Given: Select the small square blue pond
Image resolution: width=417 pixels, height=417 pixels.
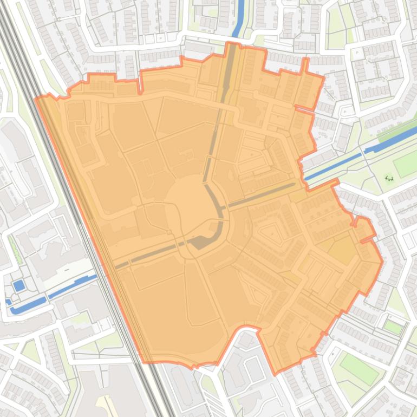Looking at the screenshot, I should coord(18,285).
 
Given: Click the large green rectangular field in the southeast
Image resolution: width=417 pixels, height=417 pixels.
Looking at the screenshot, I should coord(359,368).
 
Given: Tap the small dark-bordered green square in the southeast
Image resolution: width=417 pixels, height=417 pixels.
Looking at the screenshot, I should coord(393,327).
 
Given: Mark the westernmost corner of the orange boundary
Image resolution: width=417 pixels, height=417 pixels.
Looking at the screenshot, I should coord(36,99).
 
